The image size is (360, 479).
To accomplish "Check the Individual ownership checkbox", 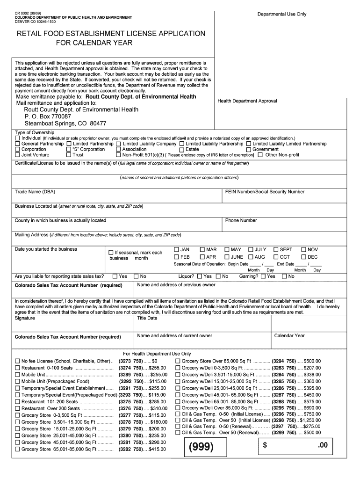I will (18, 138).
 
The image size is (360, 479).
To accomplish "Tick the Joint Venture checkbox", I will (18, 155).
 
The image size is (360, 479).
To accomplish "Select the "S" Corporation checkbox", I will (69, 149).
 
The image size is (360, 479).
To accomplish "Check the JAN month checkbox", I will (177, 250).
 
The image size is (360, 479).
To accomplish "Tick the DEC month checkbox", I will (304, 257).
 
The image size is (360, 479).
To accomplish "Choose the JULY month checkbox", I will (251, 250).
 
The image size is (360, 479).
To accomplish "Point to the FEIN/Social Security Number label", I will (265, 192).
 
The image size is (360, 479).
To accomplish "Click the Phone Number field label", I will (241, 220).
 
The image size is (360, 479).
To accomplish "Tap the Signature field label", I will (25, 318).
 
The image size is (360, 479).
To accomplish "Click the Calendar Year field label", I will (289, 335).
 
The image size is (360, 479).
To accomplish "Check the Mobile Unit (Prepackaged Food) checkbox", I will (18, 381).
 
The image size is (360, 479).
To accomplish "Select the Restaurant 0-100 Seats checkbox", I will (18, 368).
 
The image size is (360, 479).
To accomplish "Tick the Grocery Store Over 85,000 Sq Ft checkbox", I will (178, 361).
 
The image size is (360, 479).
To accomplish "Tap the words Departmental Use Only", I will (281, 14).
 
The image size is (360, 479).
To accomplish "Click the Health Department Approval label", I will (247, 101).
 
